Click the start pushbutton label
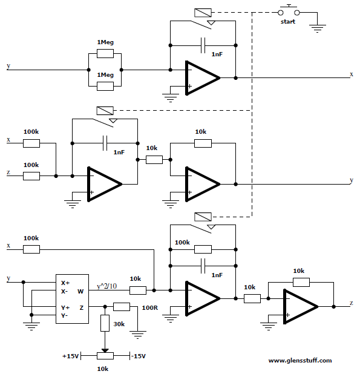288,22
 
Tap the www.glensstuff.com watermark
300,361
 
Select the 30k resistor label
119,324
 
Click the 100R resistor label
149,307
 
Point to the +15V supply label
71,356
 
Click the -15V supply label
139,356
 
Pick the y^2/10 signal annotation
107,286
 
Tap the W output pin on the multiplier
80,292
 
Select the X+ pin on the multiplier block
65,283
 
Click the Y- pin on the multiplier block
64,315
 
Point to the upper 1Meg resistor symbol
105,54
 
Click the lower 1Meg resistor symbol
105,86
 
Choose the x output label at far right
352,74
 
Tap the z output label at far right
352,303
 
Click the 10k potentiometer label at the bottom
103,369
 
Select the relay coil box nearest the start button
203,13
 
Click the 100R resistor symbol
122,307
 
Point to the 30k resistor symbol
105,323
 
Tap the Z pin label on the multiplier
82,308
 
